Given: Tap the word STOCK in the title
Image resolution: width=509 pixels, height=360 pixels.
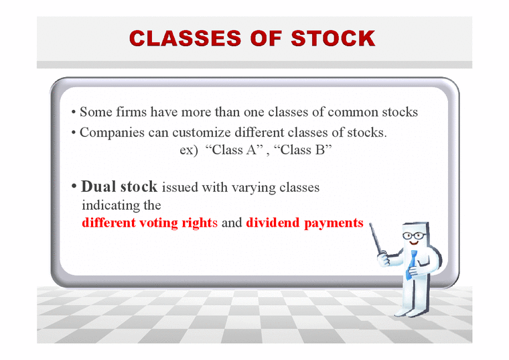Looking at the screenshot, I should pyautogui.click(x=334, y=38).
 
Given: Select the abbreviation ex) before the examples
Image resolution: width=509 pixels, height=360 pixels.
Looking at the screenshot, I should pyautogui.click(x=188, y=150).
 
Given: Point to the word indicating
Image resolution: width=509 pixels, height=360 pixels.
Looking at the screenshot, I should pyautogui.click(x=108, y=205).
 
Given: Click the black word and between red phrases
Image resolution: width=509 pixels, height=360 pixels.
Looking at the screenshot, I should pyautogui.click(x=231, y=223).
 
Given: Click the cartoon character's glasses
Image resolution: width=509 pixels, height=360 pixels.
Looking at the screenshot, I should pyautogui.click(x=416, y=235).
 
